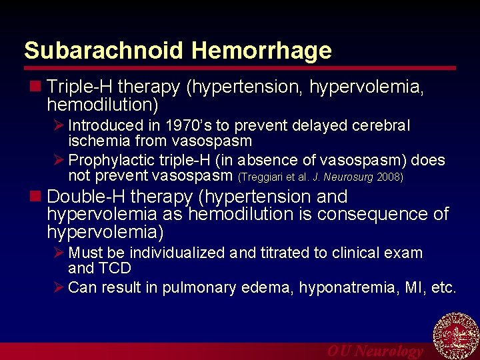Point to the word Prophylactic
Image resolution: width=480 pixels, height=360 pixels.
[109, 161]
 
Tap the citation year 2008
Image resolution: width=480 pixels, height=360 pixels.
[390, 177]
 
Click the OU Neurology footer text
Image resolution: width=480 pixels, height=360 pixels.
[375, 351]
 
